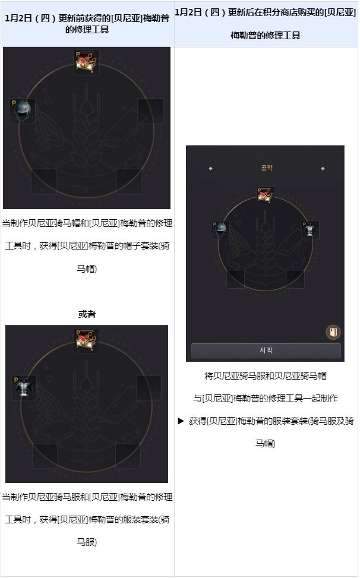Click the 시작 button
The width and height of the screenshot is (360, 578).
tap(266, 350)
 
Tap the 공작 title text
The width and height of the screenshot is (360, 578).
tap(266, 168)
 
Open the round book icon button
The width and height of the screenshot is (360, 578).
tap(333, 331)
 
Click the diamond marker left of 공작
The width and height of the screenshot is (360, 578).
tap(211, 169)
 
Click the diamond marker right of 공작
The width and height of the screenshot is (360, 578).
tap(323, 169)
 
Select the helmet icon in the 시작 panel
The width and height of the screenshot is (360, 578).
tap(221, 230)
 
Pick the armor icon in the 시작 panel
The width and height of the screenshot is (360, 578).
tap(310, 230)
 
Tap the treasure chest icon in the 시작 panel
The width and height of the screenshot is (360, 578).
tap(266, 195)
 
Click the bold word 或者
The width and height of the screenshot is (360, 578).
tap(87, 314)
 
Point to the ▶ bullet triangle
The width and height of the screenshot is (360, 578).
tap(181, 421)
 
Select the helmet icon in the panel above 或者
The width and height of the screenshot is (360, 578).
tap(23, 110)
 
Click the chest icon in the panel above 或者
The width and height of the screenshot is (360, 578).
tap(86, 62)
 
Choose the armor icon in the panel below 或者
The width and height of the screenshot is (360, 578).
tap(24, 387)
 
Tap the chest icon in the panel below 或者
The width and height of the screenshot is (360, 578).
tap(86, 340)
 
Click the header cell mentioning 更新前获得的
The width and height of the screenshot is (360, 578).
tap(87, 24)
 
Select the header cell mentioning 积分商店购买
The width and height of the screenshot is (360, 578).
tap(266, 24)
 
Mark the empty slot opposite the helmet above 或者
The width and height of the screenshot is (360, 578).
tap(150, 111)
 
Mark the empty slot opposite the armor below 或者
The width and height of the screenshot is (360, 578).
tap(149, 388)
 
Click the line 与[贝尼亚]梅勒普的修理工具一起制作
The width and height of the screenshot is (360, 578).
tap(266, 398)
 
